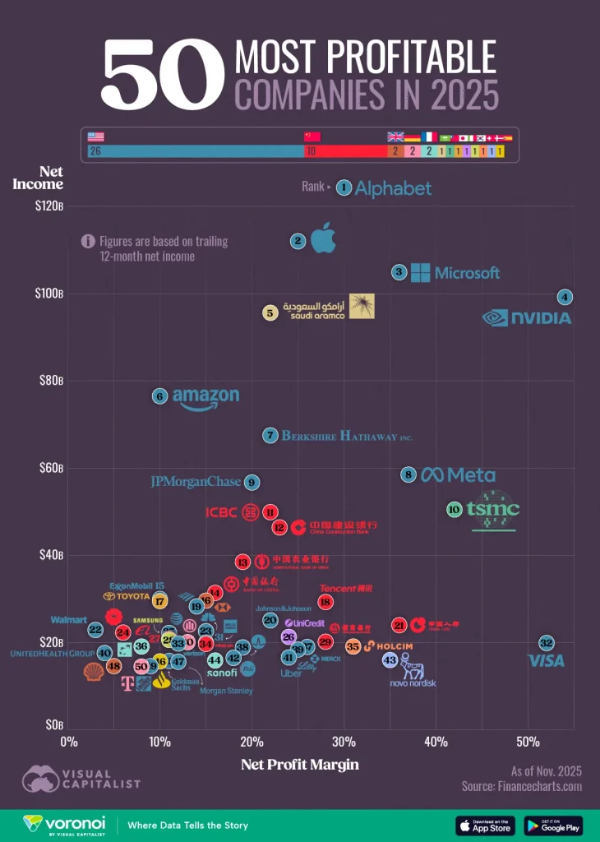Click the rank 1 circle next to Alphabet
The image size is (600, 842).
(344, 188)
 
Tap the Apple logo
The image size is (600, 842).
(323, 238)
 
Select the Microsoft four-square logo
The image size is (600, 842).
(420, 273)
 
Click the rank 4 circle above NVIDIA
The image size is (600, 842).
(564, 297)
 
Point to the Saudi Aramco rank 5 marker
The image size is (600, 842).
(270, 312)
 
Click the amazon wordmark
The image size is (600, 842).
(205, 398)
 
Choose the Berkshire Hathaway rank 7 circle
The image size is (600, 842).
(270, 435)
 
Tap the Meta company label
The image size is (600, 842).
(458, 474)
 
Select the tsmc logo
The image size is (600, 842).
(493, 509)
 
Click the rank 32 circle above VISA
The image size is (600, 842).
(547, 643)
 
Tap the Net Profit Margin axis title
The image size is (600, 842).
(300, 765)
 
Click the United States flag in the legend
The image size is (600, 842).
(96, 137)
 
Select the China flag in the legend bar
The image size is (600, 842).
(312, 137)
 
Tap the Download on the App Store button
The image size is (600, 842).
(485, 826)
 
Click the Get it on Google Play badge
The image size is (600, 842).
(552, 826)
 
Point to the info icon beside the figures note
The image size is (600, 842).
(88, 241)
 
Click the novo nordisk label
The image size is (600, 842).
(413, 683)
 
